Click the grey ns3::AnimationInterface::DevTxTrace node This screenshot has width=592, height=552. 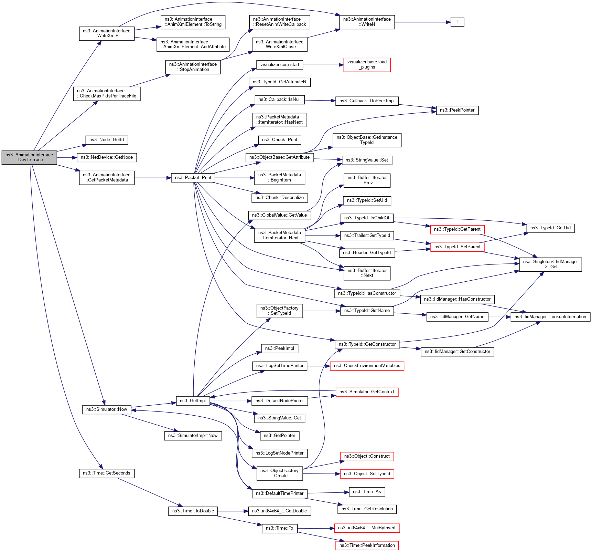click(x=29, y=157)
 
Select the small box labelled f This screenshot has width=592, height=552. click(x=457, y=22)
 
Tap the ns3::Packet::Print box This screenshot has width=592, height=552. click(x=193, y=178)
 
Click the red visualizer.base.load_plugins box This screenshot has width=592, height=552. click(x=367, y=65)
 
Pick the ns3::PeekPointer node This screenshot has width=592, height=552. click(x=457, y=110)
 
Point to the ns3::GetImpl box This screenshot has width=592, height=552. click(x=193, y=401)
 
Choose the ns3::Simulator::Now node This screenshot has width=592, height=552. click(x=107, y=409)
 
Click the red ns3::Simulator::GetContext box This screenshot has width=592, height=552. click(x=367, y=392)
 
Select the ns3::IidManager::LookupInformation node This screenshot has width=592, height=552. click(x=550, y=317)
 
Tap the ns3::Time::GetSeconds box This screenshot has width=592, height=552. click(x=107, y=473)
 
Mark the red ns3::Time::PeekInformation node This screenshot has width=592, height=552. click(x=367, y=545)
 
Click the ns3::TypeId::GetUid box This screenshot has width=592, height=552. click(x=550, y=228)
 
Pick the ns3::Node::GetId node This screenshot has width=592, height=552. click(x=107, y=140)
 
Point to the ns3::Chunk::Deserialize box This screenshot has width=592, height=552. click(x=279, y=198)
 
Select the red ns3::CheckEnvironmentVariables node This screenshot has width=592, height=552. click(x=367, y=366)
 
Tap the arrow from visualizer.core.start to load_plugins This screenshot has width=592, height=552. click(x=323, y=65)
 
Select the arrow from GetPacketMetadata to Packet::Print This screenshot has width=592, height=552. click(x=153, y=178)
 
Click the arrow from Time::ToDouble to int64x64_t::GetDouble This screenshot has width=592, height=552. click(x=233, y=511)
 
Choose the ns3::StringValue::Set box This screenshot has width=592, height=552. click(x=367, y=160)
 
